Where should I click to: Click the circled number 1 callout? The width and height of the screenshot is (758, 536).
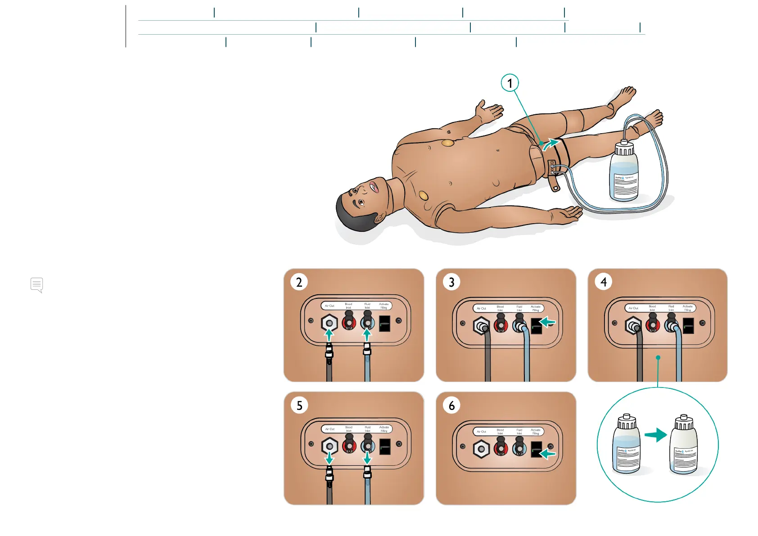tap(510, 83)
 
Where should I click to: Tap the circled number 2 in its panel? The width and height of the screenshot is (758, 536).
tap(299, 282)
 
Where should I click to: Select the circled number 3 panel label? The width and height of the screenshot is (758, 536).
tap(451, 282)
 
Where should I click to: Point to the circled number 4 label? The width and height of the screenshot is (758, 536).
tap(604, 282)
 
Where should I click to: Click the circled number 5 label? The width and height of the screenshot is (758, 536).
tap(299, 405)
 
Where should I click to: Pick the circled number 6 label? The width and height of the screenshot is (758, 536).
tap(451, 405)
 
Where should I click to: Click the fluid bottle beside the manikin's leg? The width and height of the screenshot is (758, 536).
tap(623, 171)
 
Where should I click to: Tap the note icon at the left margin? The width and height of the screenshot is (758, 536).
tap(37, 285)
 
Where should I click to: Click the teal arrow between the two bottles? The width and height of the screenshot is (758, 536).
tap(655, 435)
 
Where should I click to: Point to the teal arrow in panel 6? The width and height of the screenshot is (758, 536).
tap(548, 453)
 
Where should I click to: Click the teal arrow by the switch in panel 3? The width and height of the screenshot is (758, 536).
tap(548, 322)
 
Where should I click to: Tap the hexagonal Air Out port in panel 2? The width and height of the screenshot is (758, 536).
tap(329, 323)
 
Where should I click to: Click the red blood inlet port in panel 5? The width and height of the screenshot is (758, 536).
tap(349, 446)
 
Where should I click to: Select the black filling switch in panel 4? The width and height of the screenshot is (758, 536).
tap(688, 325)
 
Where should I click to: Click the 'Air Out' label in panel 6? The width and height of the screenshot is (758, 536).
tap(481, 432)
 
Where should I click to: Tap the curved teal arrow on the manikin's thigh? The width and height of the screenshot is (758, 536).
tap(550, 144)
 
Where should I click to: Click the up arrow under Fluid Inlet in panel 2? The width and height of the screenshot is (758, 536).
tap(367, 334)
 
